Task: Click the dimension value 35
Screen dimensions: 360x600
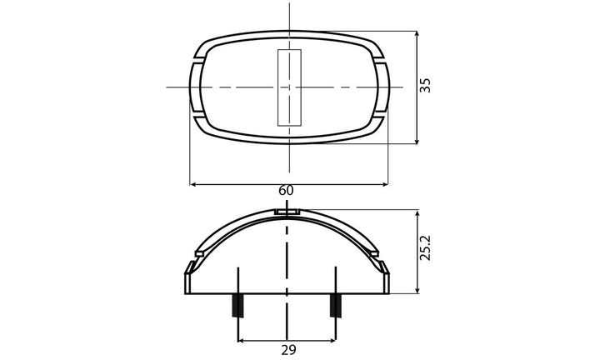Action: point(426,85)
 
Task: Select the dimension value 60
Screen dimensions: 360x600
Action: point(286,191)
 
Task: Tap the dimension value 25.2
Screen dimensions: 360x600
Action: point(426,249)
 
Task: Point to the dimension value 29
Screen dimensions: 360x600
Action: point(287,350)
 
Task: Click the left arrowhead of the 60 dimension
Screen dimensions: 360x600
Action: point(194,183)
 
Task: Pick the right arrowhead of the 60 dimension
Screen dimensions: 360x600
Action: point(385,183)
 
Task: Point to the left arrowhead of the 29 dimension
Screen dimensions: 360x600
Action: point(242,340)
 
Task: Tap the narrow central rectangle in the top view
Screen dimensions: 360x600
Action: point(289,87)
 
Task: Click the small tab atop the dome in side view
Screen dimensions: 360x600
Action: point(287,211)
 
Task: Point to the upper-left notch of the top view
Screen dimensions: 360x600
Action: point(198,62)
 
